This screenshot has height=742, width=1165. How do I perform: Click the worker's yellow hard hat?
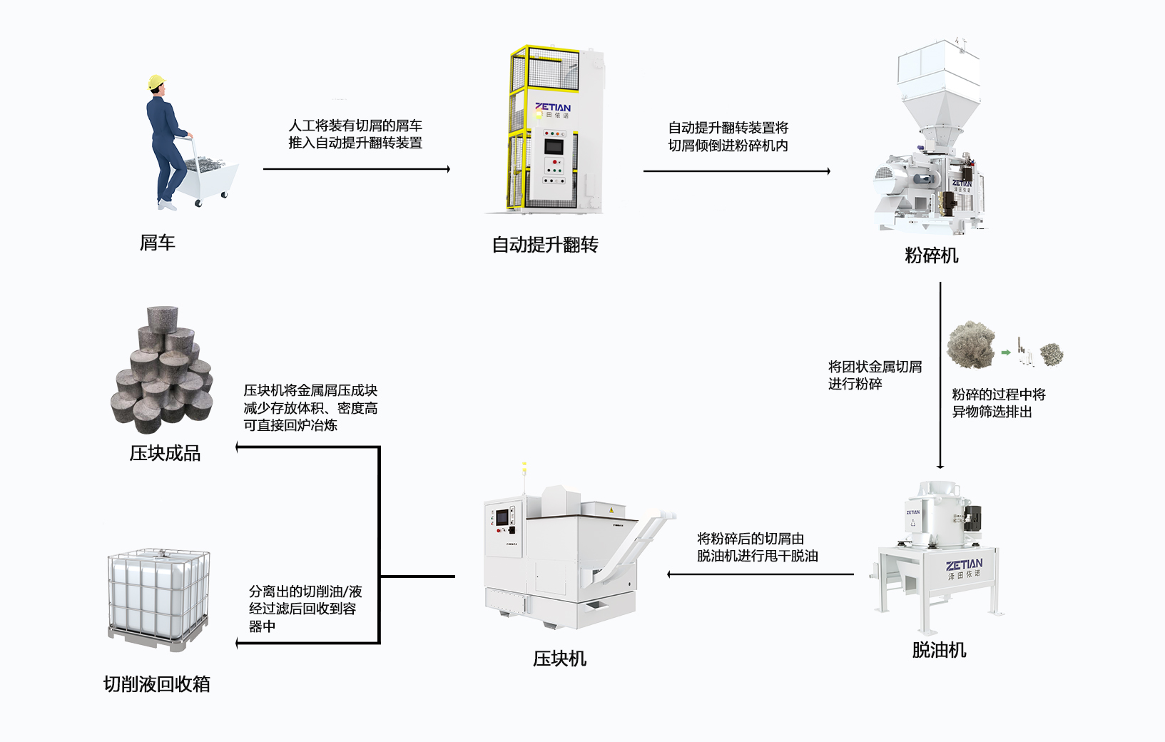[x=156, y=82]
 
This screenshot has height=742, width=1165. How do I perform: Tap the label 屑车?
[x=157, y=243]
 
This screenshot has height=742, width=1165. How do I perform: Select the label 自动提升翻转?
[x=545, y=245]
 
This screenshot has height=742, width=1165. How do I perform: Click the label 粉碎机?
[x=931, y=255]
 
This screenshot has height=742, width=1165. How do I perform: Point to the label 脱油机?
[x=939, y=650]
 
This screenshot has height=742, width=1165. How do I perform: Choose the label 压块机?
[x=559, y=659]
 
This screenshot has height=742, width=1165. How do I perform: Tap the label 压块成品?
[x=165, y=453]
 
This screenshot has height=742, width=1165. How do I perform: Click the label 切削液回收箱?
[x=157, y=684]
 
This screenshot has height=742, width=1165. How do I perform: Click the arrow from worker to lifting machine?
[x=357, y=169]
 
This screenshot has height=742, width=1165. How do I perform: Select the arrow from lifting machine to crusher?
[x=736, y=171]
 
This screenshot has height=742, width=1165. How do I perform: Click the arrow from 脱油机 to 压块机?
[x=760, y=574]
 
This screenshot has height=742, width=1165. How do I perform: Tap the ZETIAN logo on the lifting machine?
[x=553, y=108]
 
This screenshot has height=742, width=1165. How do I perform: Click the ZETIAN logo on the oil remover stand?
[x=965, y=566]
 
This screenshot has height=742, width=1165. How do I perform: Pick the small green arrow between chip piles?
[x=1006, y=352]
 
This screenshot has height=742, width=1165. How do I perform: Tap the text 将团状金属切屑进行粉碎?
[x=875, y=375]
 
